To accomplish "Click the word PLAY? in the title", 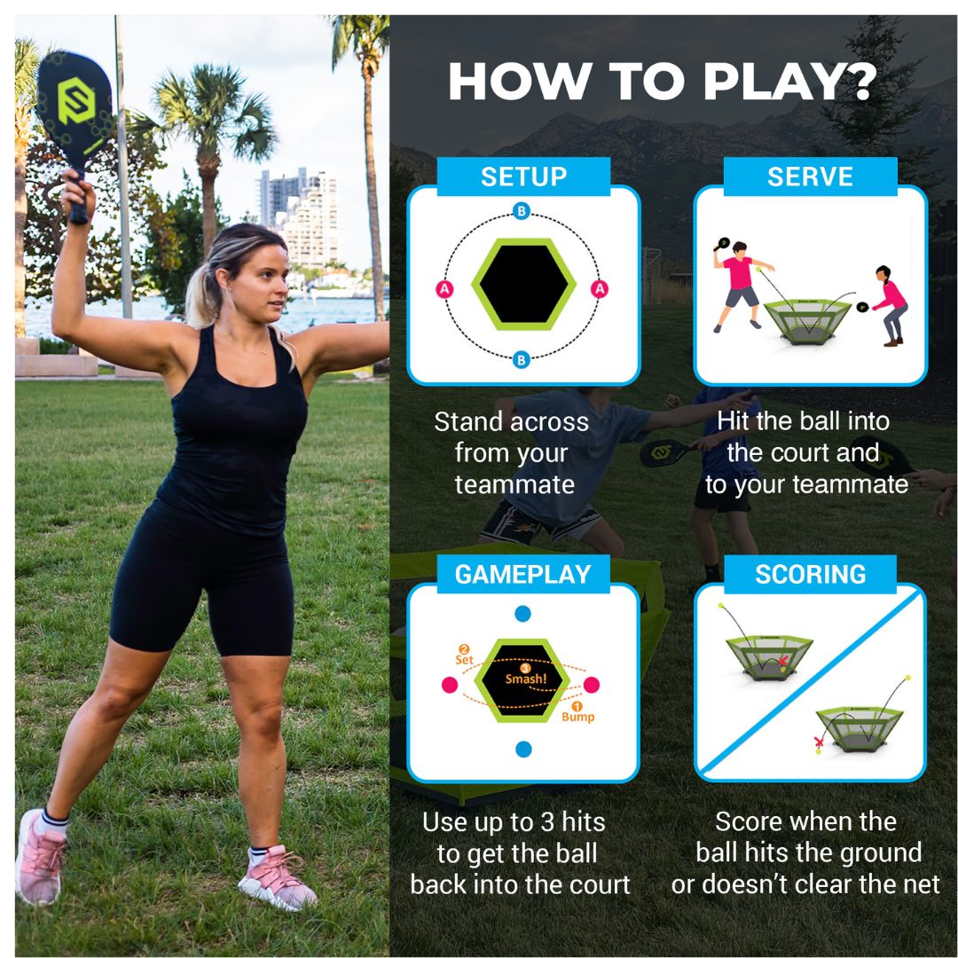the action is [x=789, y=82].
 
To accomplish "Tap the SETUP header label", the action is [x=523, y=177].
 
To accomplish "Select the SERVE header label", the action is [x=810, y=177].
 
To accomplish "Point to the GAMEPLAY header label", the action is [x=523, y=574].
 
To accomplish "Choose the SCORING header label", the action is [x=810, y=574].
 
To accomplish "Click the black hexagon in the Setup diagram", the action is [x=523, y=285].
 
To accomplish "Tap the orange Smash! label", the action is [x=526, y=679].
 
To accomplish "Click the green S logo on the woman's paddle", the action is [x=75, y=100].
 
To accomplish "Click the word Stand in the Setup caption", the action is [x=468, y=421].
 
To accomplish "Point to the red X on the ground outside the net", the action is [x=819, y=742].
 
